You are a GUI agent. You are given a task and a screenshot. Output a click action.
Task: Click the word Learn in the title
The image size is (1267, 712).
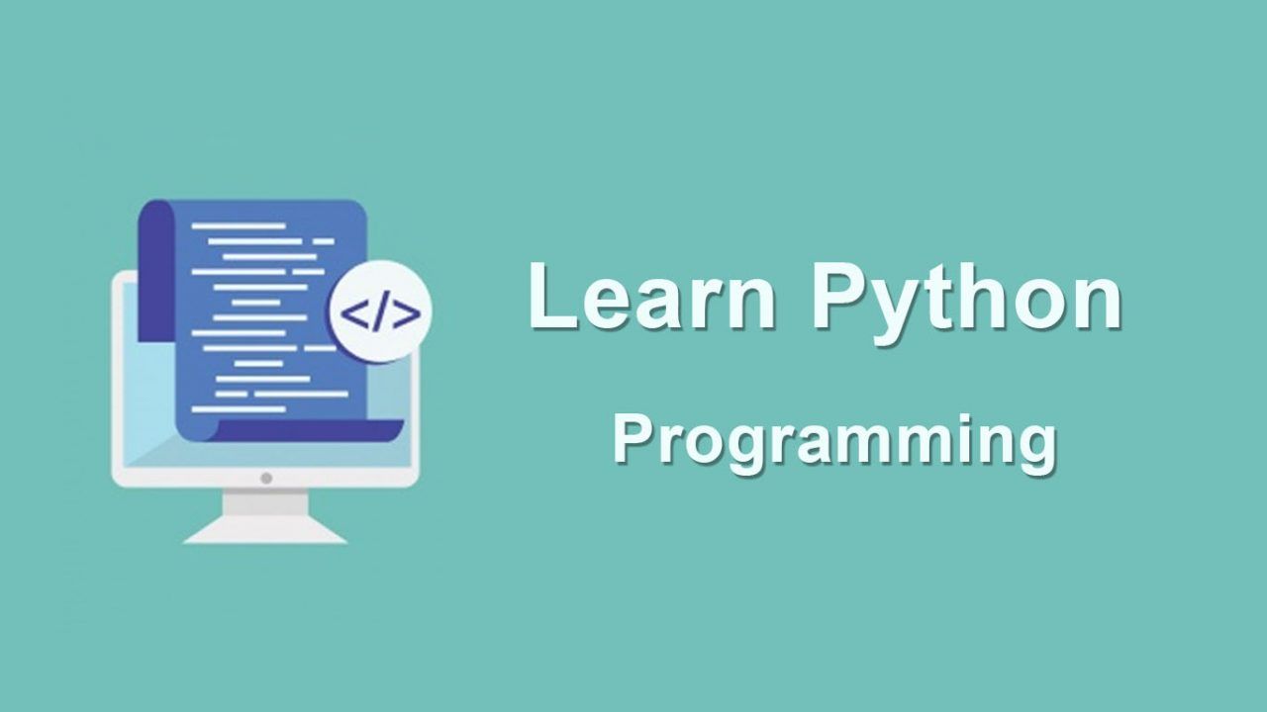[652, 296]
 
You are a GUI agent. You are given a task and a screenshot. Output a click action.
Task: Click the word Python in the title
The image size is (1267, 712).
[967, 303]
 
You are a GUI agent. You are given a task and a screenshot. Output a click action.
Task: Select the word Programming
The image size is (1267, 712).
[833, 444]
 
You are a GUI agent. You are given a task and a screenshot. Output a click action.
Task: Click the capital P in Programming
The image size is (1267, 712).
[632, 438]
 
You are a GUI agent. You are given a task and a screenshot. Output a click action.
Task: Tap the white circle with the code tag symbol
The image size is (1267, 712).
[381, 311]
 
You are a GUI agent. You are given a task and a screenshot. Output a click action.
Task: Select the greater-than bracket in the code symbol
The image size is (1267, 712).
[407, 314]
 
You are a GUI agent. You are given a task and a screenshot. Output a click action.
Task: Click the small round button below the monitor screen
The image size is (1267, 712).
[266, 478]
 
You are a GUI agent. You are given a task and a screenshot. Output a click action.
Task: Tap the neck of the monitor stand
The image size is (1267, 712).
[265, 504]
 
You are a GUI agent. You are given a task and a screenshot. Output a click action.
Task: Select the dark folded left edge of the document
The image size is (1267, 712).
[156, 271]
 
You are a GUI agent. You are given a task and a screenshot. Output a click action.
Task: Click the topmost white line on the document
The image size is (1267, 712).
[239, 226]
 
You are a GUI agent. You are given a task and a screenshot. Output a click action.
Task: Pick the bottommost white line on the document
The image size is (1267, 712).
[239, 409]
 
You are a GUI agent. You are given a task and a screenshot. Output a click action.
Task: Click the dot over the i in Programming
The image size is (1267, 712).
[943, 420]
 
